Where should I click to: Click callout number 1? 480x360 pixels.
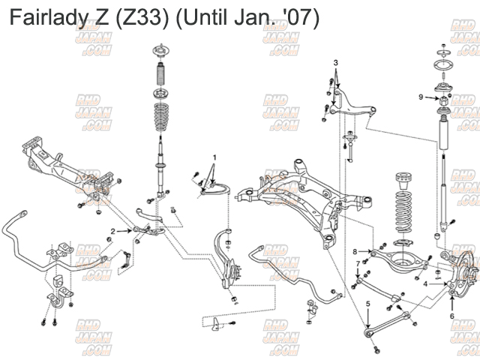pos(214,157)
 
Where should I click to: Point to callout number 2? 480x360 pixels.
pos(113,231)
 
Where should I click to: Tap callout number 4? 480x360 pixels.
pos(426,284)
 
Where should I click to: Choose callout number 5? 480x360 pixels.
pos(368,304)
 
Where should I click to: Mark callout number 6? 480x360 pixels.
pos(451,316)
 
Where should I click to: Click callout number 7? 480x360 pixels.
pos(357,264)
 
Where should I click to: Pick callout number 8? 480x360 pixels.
pos(355,250)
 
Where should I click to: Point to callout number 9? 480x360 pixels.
pos(421,97)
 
